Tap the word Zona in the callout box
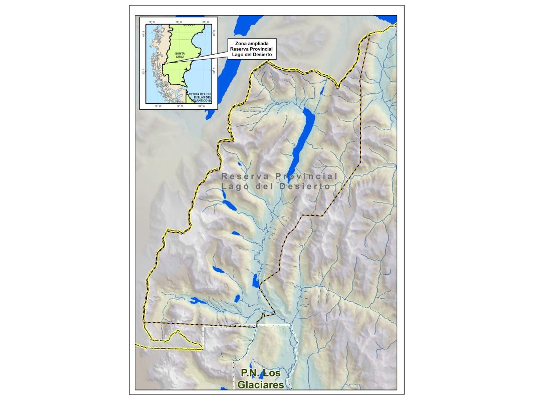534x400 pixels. point(238,43)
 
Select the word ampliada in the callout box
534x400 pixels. point(256,43)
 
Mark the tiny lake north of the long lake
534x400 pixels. point(322,92)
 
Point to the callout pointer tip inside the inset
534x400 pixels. point(165,63)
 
